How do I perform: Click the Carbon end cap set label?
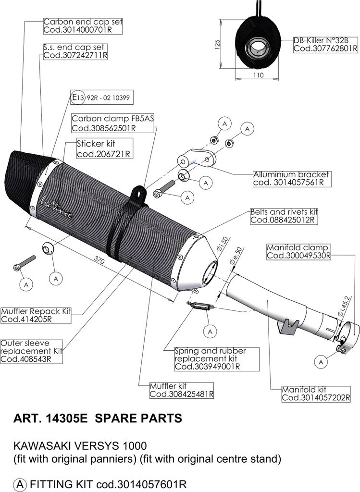83,26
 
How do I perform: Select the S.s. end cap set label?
74,51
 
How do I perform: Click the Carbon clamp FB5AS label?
112,123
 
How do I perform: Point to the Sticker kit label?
104,148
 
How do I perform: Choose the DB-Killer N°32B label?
325,44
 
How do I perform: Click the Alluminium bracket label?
291,178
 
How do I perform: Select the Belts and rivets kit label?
284,216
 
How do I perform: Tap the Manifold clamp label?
298,252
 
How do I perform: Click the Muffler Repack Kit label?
36,315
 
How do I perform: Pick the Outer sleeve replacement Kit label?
32,351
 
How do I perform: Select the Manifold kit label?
312,394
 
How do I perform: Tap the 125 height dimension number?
217,44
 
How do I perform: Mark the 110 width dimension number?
258,76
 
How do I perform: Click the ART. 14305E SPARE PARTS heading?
97,418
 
